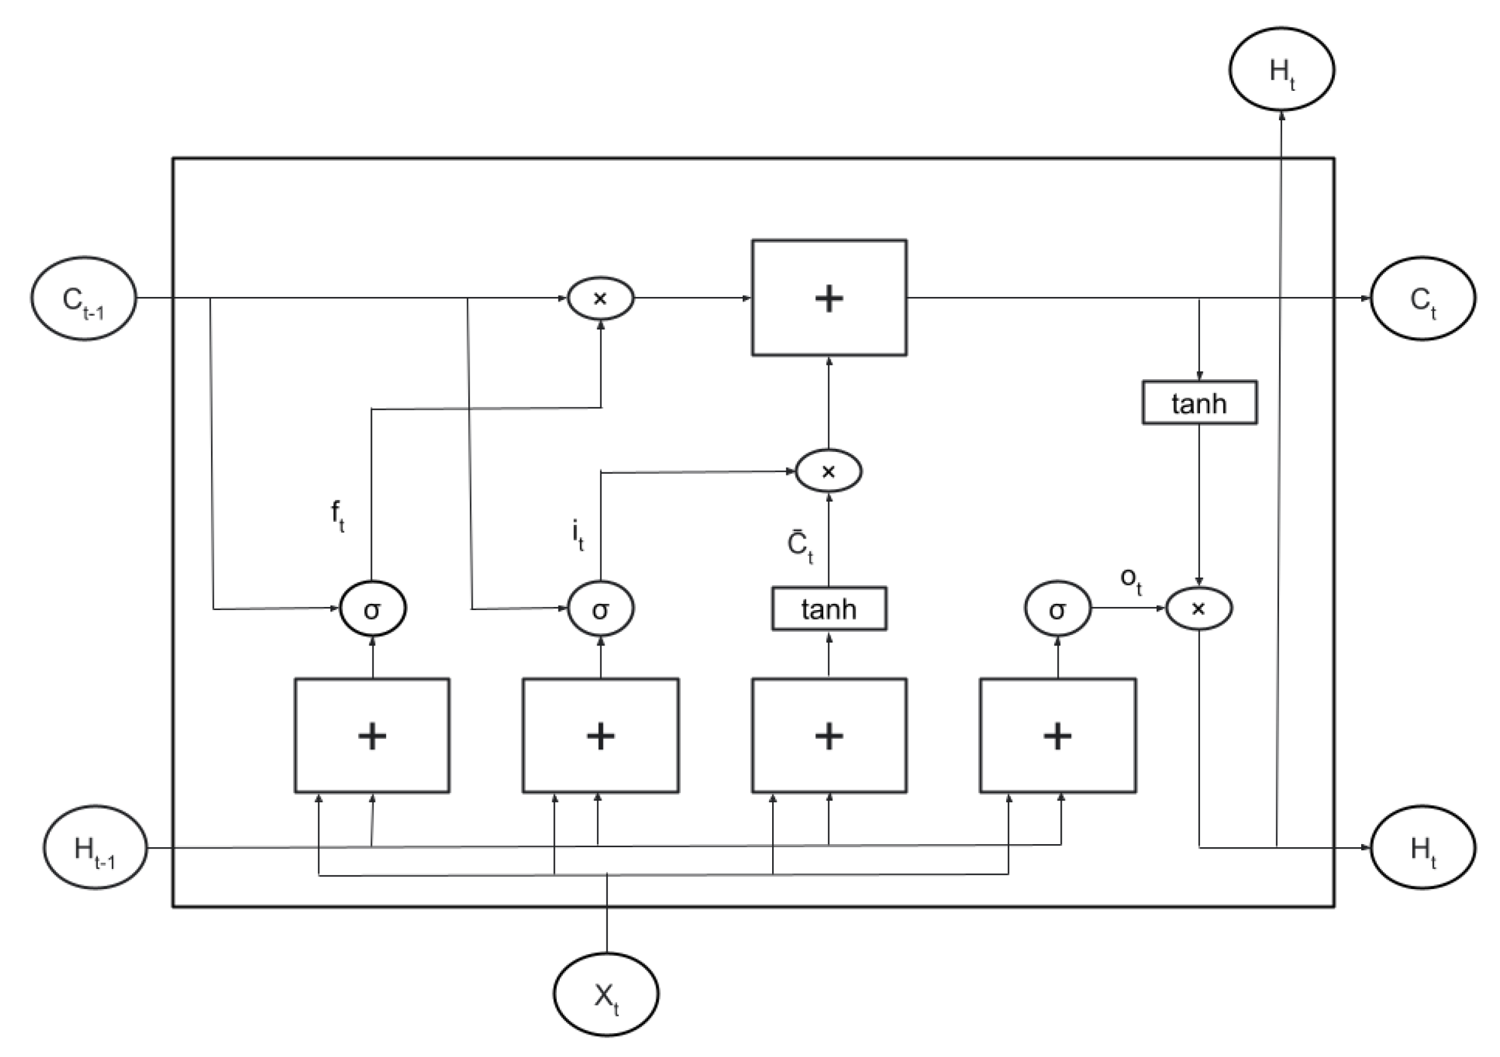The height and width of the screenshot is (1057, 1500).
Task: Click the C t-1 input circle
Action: [83, 299]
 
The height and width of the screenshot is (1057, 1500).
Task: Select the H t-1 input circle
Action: [95, 847]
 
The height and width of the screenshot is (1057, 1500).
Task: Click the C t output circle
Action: [1422, 299]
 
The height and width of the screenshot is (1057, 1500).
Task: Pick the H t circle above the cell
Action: [1281, 69]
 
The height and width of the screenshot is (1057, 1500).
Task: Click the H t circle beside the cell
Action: [1422, 847]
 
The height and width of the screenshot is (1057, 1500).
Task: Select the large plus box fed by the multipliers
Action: [828, 298]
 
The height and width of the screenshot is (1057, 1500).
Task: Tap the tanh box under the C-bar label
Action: [828, 608]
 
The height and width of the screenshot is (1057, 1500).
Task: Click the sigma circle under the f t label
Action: [372, 608]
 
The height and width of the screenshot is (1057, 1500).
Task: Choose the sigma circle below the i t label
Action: [600, 608]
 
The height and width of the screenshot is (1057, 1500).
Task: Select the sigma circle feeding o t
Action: [1057, 608]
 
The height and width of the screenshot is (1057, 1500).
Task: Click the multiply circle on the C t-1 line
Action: [600, 298]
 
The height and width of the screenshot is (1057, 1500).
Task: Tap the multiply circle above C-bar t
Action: [828, 471]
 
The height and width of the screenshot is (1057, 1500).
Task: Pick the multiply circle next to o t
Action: [1199, 608]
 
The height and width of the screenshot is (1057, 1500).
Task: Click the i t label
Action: [578, 536]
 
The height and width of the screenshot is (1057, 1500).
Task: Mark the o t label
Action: [1131, 580]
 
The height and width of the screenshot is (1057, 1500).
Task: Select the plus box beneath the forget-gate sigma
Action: [372, 736]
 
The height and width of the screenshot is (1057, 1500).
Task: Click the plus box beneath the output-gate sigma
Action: [1057, 736]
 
